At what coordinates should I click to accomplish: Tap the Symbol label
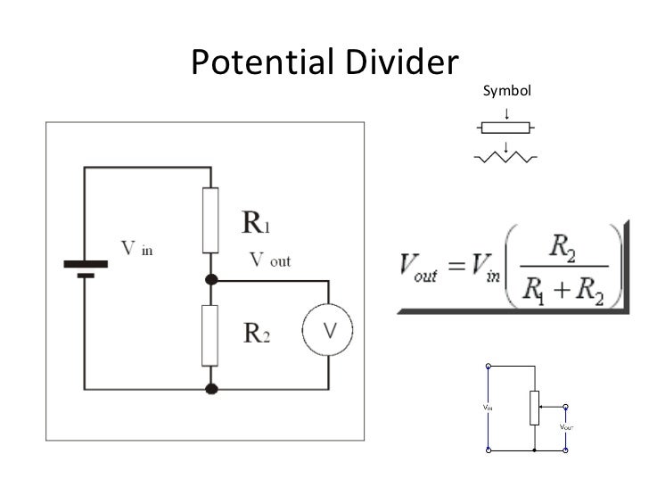tap(505, 91)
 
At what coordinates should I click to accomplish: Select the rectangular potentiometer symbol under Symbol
tap(505, 127)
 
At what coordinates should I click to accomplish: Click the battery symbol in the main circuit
tap(86, 269)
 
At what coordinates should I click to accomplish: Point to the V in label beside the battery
tap(136, 248)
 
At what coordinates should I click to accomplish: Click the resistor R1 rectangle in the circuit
tap(210, 219)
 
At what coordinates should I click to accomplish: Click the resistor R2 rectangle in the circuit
tap(210, 334)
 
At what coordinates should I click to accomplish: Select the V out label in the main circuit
tap(268, 261)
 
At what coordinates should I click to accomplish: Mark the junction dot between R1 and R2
tap(210, 279)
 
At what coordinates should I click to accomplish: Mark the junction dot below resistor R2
tap(210, 388)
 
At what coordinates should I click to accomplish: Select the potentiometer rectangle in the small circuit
tap(533, 407)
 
